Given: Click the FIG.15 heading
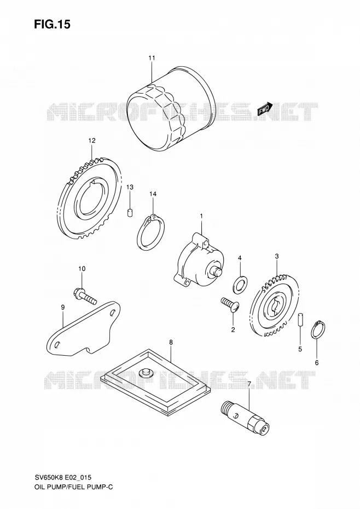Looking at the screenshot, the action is pos(52,24).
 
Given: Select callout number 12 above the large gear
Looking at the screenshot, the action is pos(92,141).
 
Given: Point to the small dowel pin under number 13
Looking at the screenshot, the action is pos(130,213).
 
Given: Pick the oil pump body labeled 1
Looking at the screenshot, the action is pos(199,259).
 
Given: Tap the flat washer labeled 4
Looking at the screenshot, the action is pos(240,284).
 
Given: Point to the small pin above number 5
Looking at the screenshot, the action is pos(300,319).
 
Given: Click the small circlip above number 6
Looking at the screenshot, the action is pos(318,329).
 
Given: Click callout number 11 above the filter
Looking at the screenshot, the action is pos(152,58).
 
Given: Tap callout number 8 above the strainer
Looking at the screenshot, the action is pos(171,342).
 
